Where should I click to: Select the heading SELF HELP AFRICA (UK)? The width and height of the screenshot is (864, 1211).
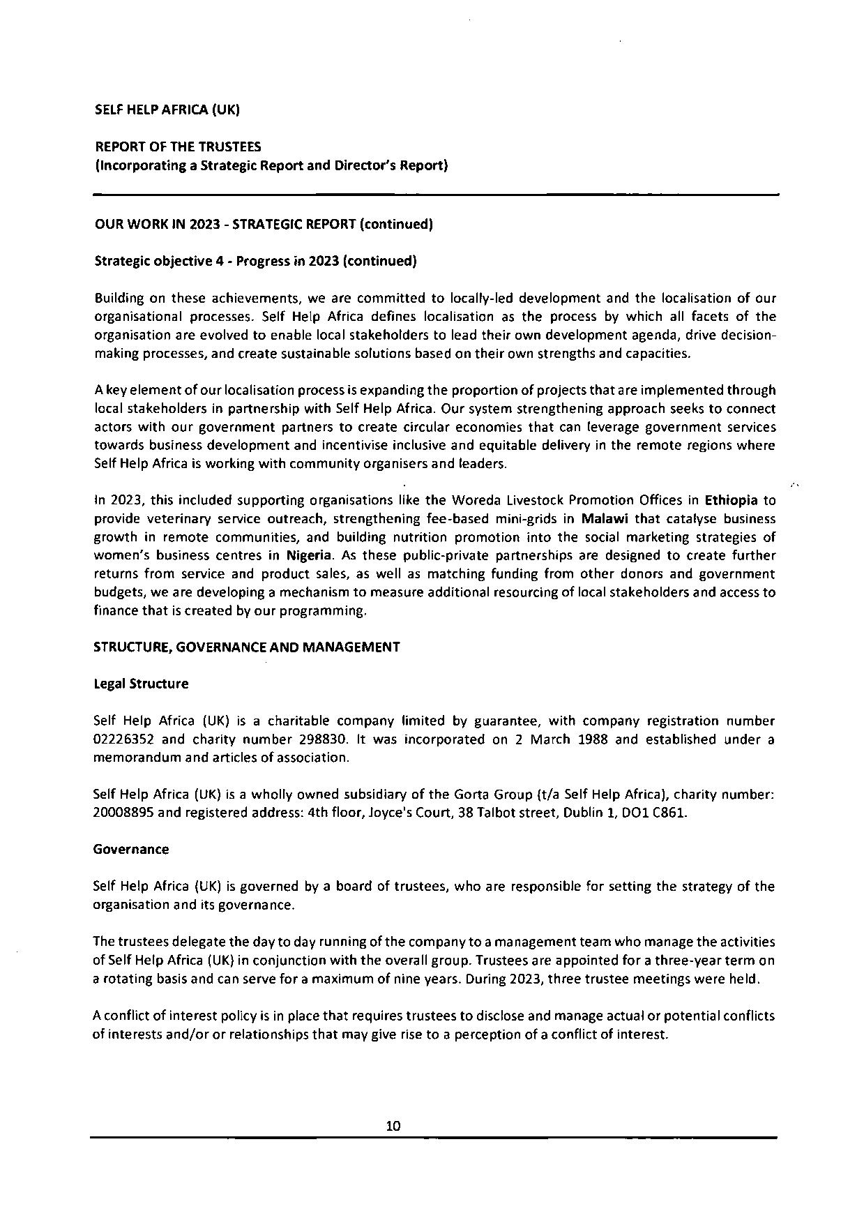(x=167, y=110)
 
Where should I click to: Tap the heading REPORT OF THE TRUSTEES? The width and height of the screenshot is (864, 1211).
(x=178, y=146)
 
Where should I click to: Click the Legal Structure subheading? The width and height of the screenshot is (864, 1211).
(x=141, y=684)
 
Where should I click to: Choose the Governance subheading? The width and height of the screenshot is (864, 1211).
(x=131, y=850)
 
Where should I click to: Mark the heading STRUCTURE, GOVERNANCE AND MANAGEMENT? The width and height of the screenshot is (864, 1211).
(x=247, y=647)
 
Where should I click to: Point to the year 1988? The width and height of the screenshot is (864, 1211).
(x=594, y=739)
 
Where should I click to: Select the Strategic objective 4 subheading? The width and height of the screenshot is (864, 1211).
(x=255, y=261)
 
